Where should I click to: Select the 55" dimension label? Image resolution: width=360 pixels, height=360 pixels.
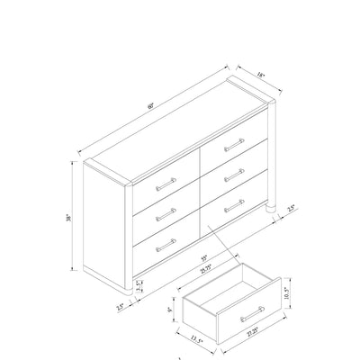tap(204, 256)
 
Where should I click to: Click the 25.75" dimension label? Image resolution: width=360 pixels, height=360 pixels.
tap(204, 266)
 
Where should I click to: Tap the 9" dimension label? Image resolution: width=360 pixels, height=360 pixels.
tap(170, 310)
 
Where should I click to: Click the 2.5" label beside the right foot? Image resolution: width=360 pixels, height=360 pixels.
tap(291, 209)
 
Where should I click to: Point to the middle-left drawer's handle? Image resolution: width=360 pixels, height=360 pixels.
tap(165, 213)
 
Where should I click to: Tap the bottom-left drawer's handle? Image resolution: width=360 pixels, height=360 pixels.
tap(165, 243)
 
